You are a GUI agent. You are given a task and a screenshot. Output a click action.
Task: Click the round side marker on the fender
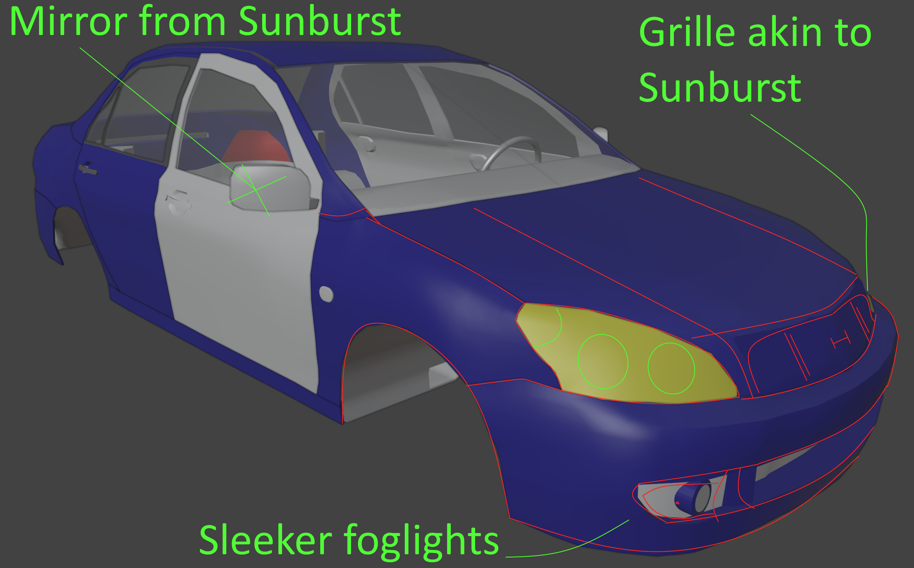coord(326,294)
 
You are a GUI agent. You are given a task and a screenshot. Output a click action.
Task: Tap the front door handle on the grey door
coord(178,202)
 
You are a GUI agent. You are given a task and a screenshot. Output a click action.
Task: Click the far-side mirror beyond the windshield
coord(601,134)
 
